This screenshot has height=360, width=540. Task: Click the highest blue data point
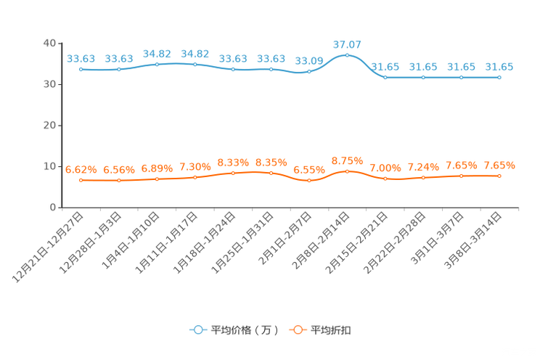347,55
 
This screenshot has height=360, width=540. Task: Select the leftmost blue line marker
81,70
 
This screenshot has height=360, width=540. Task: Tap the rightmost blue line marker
499,76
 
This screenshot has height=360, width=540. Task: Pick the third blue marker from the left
157,65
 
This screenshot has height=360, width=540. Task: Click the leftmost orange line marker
81,180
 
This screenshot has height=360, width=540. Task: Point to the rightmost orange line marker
499,176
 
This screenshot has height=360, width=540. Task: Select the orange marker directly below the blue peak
347,171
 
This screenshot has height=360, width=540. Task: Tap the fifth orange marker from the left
233,172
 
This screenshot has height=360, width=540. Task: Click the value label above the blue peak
347,44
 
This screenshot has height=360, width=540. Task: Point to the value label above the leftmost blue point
81,58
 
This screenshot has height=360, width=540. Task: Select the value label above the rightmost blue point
499,67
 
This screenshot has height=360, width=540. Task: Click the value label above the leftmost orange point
81,169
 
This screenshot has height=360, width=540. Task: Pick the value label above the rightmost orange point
499,165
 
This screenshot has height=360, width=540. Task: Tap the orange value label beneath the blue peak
347,160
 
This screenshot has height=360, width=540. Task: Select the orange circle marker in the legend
298,330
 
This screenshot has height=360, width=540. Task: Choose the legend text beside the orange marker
331,330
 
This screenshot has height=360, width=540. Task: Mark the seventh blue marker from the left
309,71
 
